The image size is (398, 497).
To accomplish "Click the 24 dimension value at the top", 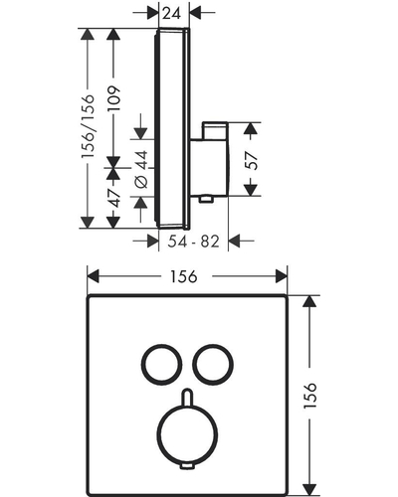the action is coord(172,13).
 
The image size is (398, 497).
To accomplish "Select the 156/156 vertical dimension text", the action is coord(89,126).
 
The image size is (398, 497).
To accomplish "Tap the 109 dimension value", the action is coord(113,98).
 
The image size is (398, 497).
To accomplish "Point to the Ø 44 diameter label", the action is coord(141,169).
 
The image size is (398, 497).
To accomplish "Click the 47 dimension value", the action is coord(114,198).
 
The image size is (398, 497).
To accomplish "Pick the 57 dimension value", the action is coord(252,161).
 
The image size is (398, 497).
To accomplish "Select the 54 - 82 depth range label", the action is coord(193,242).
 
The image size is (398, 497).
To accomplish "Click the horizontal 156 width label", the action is coord(184,276).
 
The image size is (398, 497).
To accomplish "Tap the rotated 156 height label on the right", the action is coord(310,396).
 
